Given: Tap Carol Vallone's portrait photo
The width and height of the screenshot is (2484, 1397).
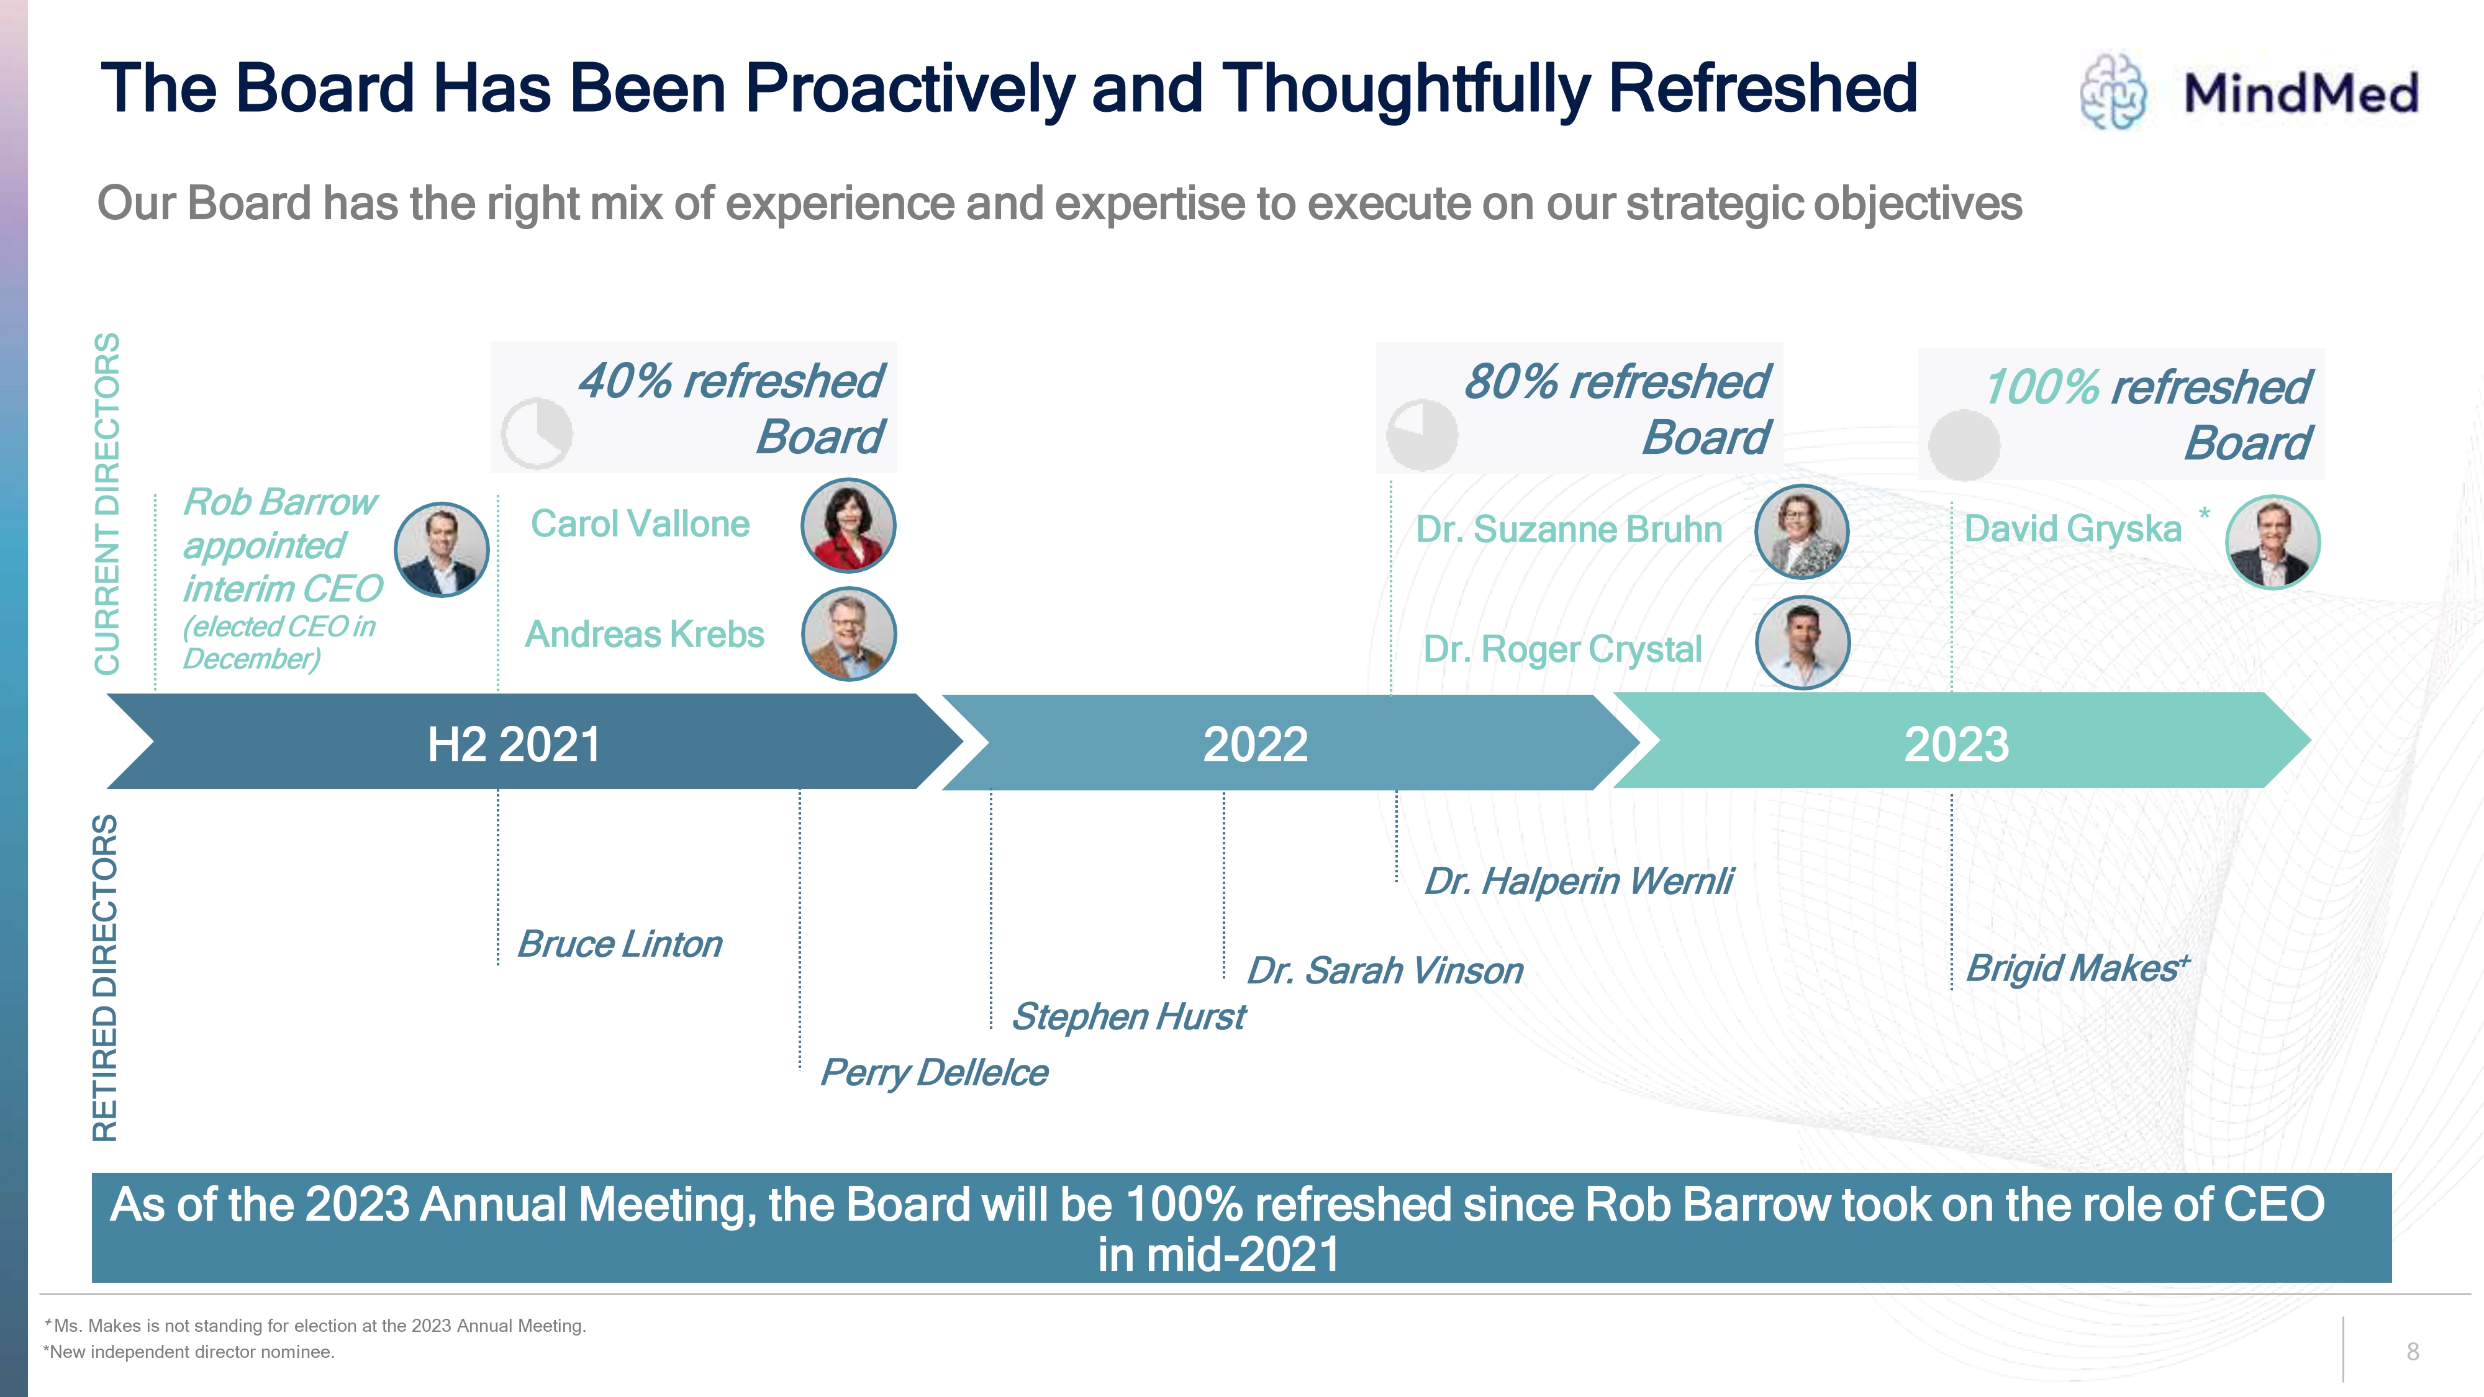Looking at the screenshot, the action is tap(848, 525).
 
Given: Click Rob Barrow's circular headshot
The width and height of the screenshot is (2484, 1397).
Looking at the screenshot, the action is tap(442, 549).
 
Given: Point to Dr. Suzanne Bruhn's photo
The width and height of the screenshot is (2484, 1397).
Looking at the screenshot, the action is tap(1802, 531).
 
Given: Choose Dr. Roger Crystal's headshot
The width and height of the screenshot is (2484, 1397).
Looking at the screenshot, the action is tap(1802, 642).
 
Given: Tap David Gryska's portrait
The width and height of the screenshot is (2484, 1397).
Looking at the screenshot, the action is tap(2273, 542).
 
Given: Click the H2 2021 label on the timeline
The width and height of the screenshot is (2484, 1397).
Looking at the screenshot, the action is tap(514, 744).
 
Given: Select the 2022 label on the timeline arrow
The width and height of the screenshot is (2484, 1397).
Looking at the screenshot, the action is tap(1256, 744).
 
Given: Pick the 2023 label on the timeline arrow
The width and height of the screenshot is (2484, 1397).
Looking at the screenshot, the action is tap(1957, 744).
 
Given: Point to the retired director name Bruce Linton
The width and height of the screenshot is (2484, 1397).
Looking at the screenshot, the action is tap(620, 944).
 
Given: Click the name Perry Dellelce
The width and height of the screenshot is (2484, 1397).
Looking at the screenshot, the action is tap(933, 1072).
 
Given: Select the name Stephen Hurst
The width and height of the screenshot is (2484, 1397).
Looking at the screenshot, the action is tap(1128, 1016).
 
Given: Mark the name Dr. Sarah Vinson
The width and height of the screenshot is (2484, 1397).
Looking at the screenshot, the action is tap(1385, 970).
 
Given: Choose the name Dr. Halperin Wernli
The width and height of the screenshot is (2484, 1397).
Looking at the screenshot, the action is tap(1579, 881).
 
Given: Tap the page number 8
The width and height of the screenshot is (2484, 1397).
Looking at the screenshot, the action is tap(2413, 1352).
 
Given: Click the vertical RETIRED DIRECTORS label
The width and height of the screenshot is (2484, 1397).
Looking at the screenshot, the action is tap(105, 979).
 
